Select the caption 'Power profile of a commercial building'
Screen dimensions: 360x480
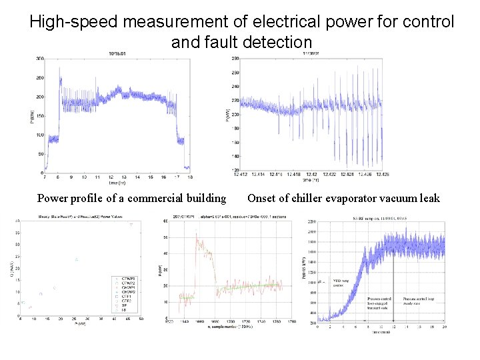[x=131, y=198]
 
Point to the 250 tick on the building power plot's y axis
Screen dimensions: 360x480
[x=39, y=78]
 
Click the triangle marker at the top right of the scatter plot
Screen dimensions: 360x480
[x=131, y=225]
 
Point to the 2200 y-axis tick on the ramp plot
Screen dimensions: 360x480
[x=311, y=231]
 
